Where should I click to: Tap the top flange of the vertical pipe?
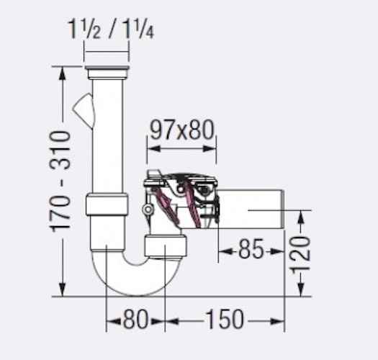pos(107,71)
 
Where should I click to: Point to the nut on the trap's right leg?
pos(165,246)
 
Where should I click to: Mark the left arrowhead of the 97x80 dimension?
pos(150,152)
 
